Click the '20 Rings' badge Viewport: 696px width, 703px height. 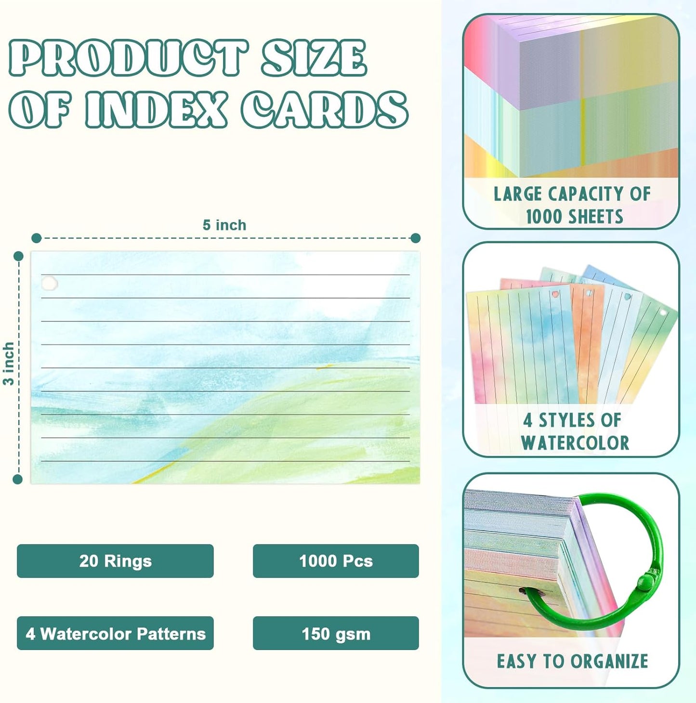(x=115, y=561)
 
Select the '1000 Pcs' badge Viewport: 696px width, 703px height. (x=336, y=561)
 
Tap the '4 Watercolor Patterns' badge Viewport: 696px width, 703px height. (x=115, y=634)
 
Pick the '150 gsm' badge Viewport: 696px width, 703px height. (x=336, y=634)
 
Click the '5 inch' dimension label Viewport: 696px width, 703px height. (x=224, y=225)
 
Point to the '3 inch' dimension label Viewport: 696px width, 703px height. (x=8, y=364)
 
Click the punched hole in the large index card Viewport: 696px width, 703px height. (x=49, y=283)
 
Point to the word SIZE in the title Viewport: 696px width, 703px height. (x=314, y=58)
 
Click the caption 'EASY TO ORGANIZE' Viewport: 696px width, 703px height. (x=572, y=661)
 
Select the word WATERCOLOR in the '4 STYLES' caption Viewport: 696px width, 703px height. (x=575, y=443)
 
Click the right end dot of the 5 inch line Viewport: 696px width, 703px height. (x=416, y=238)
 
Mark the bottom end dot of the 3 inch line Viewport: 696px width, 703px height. (x=18, y=479)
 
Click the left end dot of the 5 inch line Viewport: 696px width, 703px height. (x=36, y=238)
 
